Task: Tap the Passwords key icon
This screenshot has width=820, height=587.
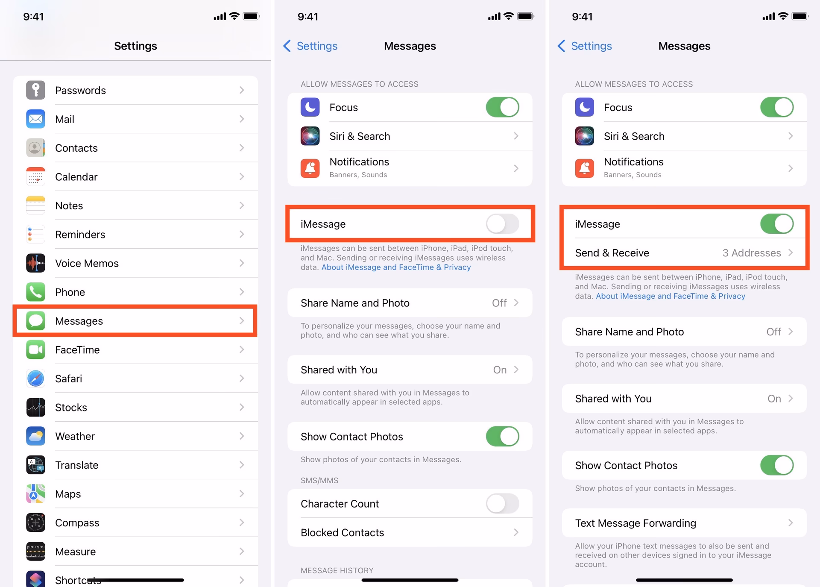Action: (35, 90)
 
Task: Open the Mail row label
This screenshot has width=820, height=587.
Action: (64, 119)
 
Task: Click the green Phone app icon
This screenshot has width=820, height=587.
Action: (35, 292)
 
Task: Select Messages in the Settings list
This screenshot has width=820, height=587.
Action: (79, 321)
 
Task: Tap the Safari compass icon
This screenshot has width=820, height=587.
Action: (35, 379)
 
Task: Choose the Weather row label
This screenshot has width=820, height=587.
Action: (75, 436)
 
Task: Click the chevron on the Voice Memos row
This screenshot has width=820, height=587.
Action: (242, 263)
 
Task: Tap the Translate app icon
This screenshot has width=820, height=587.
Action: (35, 465)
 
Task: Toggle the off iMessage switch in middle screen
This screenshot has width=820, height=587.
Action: (502, 224)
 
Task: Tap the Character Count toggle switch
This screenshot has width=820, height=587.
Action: (502, 504)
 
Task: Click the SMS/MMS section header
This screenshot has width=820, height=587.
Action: (319, 481)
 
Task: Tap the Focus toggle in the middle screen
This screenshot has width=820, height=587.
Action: (502, 107)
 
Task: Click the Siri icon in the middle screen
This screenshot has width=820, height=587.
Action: (310, 136)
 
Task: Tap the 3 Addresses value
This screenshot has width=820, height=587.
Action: (751, 253)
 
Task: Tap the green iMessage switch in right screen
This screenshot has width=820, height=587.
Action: (776, 224)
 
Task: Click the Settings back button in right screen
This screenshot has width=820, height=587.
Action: (585, 46)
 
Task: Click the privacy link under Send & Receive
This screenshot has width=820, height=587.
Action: (670, 296)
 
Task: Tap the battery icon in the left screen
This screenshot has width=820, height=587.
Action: (251, 17)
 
